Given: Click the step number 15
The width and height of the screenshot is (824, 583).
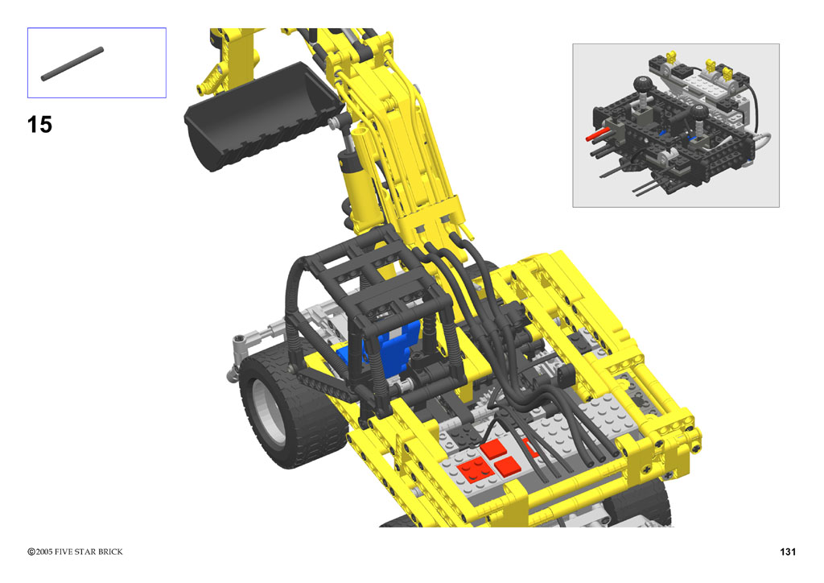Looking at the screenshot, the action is [x=39, y=125].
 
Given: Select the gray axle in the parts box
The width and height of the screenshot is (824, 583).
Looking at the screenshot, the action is [x=72, y=64].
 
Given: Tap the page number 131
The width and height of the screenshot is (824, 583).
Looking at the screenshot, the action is [x=788, y=552].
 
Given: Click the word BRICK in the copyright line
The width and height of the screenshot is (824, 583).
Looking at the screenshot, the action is [x=110, y=552].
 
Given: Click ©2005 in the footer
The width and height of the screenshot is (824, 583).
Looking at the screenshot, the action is [x=40, y=552].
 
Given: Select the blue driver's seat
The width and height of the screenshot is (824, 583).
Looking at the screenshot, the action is [x=386, y=349].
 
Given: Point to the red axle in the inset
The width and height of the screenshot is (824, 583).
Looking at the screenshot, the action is [x=598, y=134].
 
